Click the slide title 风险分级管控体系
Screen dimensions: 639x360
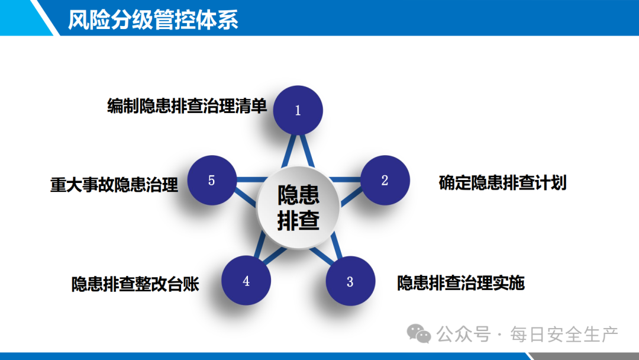[x=153, y=20]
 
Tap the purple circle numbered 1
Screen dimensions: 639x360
[x=298, y=110]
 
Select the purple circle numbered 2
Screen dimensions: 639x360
[x=385, y=180]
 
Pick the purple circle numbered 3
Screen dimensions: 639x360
[x=350, y=281]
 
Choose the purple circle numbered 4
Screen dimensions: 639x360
[x=246, y=281]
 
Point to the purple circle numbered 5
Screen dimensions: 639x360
[x=212, y=180]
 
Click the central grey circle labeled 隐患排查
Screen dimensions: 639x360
[x=298, y=207]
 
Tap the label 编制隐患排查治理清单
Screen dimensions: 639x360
[x=187, y=106]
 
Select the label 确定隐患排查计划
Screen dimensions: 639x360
[x=502, y=182]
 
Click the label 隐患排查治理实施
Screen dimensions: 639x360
[x=461, y=283]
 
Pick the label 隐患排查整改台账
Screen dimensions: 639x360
[x=135, y=284]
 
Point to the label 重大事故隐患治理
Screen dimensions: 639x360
[x=114, y=185]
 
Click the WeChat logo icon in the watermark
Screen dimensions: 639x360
[x=418, y=334]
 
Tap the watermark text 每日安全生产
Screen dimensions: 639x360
[x=564, y=335]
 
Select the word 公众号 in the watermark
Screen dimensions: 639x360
[x=463, y=335]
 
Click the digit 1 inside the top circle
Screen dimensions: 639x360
[x=298, y=111]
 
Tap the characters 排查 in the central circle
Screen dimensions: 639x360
[x=298, y=221]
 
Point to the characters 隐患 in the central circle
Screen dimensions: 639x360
[x=298, y=195]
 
